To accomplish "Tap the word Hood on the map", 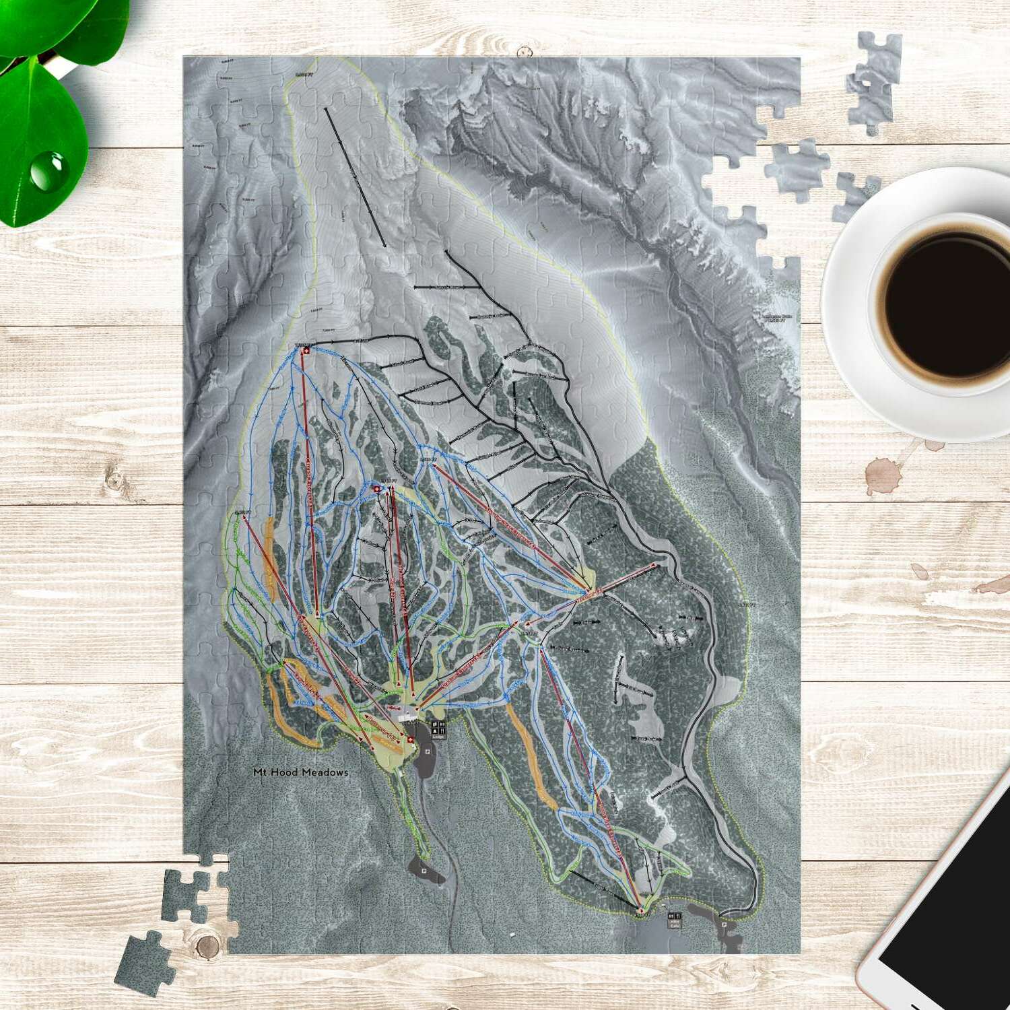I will click(283, 772).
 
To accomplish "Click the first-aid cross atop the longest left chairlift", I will click(306, 350).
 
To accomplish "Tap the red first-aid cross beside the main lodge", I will click(411, 740).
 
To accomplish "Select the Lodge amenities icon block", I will click(438, 728).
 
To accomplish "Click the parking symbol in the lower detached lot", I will click(424, 871).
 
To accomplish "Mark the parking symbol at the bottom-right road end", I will click(724, 924).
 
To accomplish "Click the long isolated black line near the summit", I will click(355, 176).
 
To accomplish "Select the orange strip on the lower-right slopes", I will click(531, 757).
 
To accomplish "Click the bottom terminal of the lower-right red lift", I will click(640, 909).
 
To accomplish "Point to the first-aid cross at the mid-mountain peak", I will click(376, 489).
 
